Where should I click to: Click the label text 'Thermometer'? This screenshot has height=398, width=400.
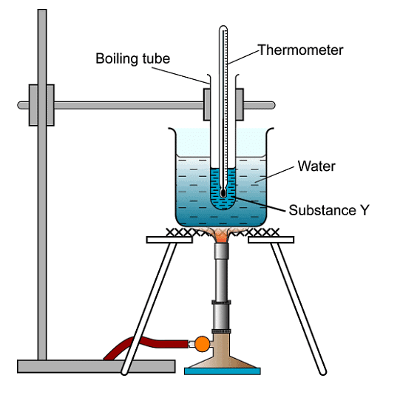tap(300, 50)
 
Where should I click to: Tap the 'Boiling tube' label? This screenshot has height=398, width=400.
tap(133, 58)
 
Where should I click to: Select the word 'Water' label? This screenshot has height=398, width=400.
tap(316, 166)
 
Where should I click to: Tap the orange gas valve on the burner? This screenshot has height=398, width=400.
tap(201, 343)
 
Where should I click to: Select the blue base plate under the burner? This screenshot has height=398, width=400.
tap(222, 370)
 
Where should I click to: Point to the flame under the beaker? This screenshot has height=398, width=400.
tap(222, 235)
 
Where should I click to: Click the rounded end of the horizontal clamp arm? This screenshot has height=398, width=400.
tap(271, 105)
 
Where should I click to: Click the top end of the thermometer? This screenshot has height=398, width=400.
tap(223, 30)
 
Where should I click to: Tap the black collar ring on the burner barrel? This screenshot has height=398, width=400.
tap(222, 303)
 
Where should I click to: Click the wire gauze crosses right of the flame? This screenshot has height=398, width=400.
tap(266, 232)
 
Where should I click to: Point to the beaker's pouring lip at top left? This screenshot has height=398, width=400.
tap(172, 131)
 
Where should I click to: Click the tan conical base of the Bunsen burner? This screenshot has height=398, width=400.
tap(222, 358)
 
